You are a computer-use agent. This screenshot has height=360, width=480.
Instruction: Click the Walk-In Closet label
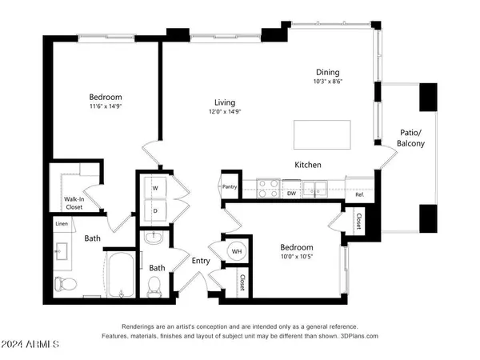tap(74, 203)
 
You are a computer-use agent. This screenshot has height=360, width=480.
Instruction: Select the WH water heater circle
tap(237, 251)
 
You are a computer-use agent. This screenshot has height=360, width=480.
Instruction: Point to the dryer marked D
tap(154, 210)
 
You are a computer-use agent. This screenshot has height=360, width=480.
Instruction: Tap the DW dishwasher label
tap(292, 193)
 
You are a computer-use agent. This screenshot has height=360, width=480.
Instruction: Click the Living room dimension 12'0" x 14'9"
tap(225, 112)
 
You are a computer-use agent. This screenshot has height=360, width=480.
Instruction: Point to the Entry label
tap(201, 260)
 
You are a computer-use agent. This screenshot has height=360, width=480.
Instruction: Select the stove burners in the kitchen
tap(266, 190)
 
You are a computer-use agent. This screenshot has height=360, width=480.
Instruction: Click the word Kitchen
tap(308, 165)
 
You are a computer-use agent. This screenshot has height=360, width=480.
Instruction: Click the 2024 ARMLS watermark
tap(30, 346)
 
